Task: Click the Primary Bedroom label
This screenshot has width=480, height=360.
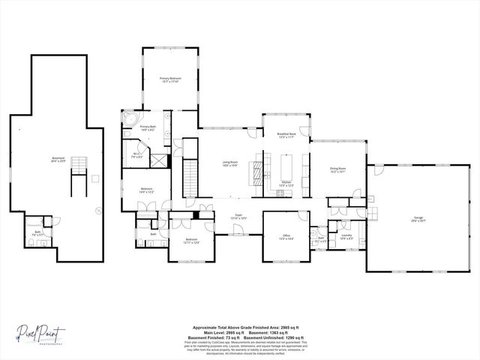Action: tap(170, 79)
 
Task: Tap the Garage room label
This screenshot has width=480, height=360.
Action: tap(417, 220)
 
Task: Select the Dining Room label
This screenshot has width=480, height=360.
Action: tap(337, 170)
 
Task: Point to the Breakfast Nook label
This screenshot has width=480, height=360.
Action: tap(287, 135)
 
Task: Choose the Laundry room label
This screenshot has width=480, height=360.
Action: tap(346, 236)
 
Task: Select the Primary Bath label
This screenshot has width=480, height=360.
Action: tap(148, 128)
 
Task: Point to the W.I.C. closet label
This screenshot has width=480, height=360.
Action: tap(137, 156)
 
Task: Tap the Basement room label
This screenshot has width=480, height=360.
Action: tap(58, 159)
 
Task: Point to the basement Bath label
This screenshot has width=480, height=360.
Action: tap(37, 232)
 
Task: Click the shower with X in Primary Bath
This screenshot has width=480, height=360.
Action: tap(158, 159)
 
